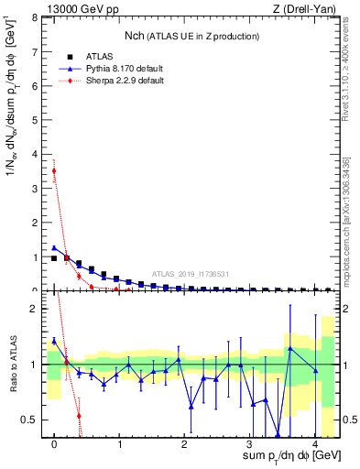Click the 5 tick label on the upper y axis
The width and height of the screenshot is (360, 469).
click(35, 120)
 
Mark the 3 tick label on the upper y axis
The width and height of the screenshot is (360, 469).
click(35, 189)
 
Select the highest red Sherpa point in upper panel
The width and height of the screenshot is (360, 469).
click(54, 170)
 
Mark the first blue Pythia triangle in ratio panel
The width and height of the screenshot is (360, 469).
click(54, 341)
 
